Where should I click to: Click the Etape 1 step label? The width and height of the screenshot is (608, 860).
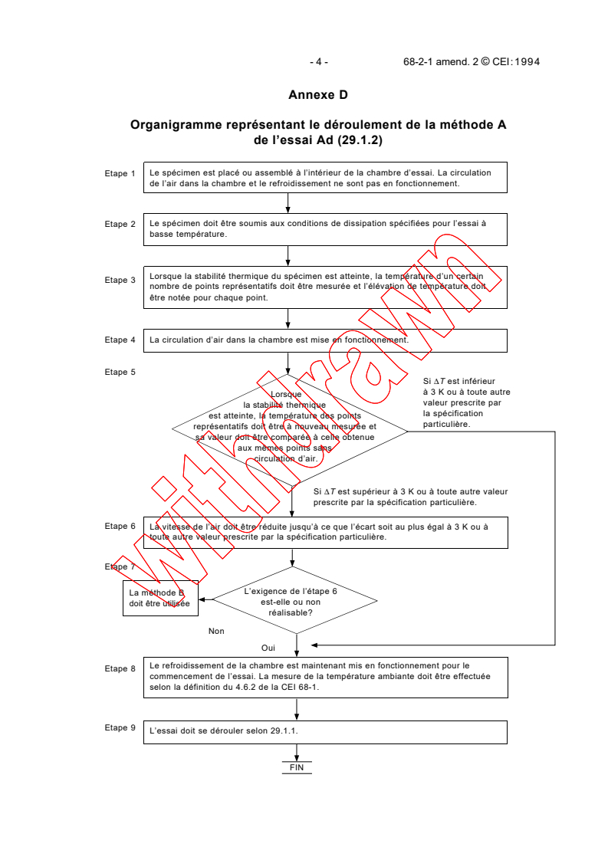click(120, 174)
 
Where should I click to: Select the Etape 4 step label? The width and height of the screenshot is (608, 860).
click(120, 340)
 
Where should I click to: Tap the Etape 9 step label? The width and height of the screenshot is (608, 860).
click(120, 727)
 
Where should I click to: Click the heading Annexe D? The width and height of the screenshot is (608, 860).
click(318, 95)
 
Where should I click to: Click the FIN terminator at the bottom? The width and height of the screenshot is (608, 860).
click(297, 766)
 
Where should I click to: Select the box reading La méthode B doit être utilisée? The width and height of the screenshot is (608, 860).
click(159, 598)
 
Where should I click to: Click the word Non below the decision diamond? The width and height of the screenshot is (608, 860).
click(216, 631)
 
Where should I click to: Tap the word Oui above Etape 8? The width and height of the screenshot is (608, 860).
click(268, 648)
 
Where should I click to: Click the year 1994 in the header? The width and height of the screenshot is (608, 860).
click(527, 62)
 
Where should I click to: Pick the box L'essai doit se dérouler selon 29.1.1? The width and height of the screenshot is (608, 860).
click(325, 731)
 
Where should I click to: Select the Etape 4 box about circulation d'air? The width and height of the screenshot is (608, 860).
click(325, 340)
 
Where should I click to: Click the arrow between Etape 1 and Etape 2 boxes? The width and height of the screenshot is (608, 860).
click(288, 202)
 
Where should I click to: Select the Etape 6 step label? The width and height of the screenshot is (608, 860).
click(120, 526)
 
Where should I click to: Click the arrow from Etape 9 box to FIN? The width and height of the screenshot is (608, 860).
click(297, 752)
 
